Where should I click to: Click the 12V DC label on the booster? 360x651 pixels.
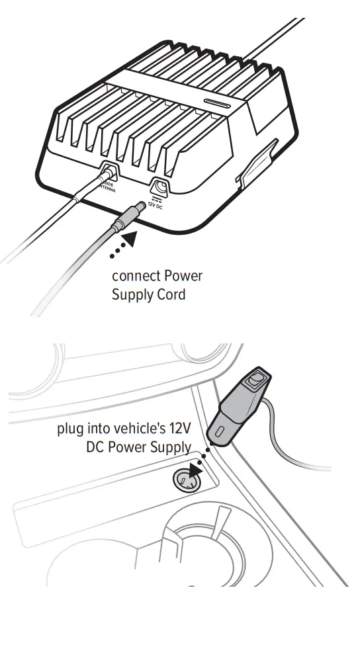click(156, 204)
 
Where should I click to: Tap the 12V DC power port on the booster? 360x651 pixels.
click(159, 187)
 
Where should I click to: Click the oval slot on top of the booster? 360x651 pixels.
click(216, 105)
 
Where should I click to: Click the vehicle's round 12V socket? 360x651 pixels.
click(186, 478)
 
